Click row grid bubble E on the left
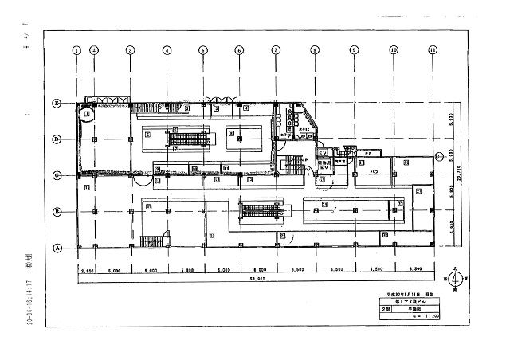tap(57, 104)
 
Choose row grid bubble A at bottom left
tap(57, 247)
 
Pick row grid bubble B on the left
tap(57, 211)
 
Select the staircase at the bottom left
tap(149, 241)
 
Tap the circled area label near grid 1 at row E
tap(86, 114)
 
